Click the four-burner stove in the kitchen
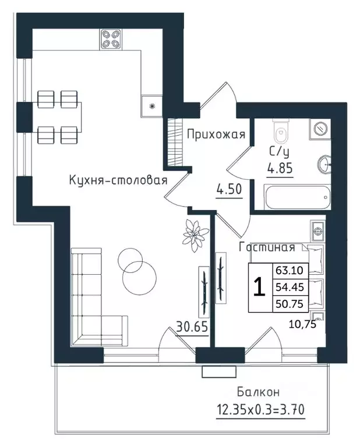pos(111,39)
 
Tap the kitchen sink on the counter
pos(151,106)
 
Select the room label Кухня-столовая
pos(118,180)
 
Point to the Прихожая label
pos(216,135)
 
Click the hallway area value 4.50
pos(228,190)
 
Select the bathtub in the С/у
pos(297,197)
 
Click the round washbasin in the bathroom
pos(324,164)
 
